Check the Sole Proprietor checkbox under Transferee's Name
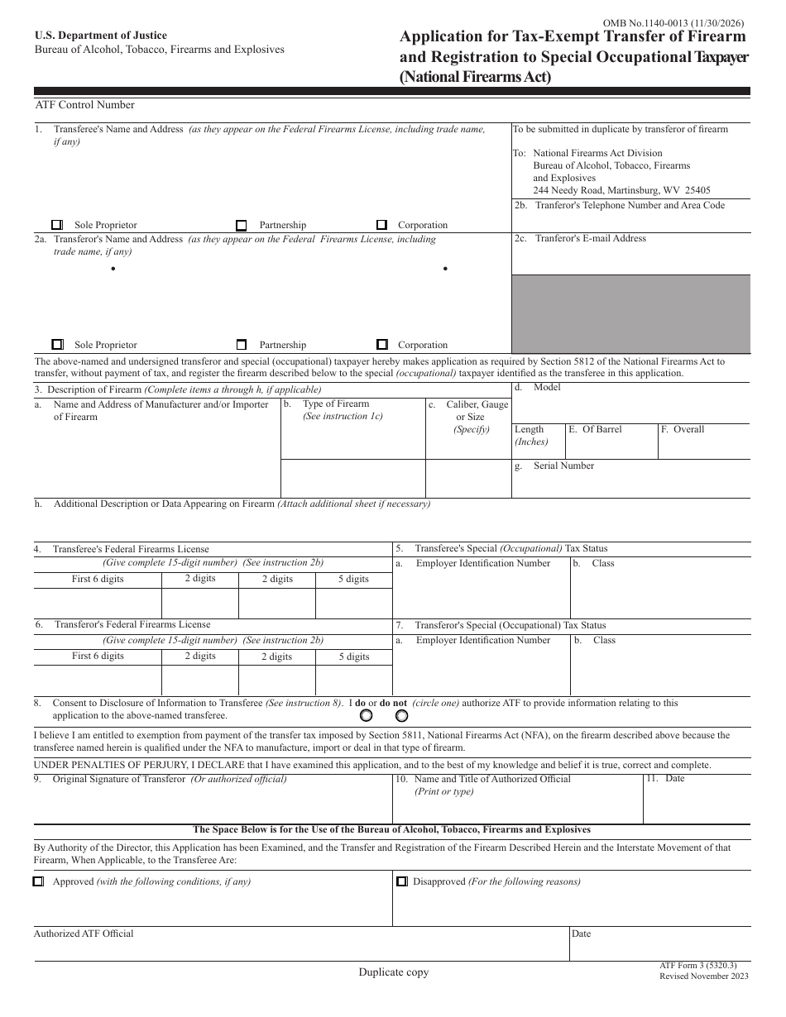57,225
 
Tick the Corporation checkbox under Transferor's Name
381,345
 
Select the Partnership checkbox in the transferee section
242,225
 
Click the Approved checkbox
38,882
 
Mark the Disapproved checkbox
401,882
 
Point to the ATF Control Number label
84,105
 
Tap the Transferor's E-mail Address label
590,239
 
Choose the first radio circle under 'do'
366,716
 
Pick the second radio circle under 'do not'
401,716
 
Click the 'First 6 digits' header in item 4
98,580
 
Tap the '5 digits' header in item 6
353,657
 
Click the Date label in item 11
674,779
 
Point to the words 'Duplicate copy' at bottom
394,973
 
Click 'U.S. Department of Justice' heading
100,36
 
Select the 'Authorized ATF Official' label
84,934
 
